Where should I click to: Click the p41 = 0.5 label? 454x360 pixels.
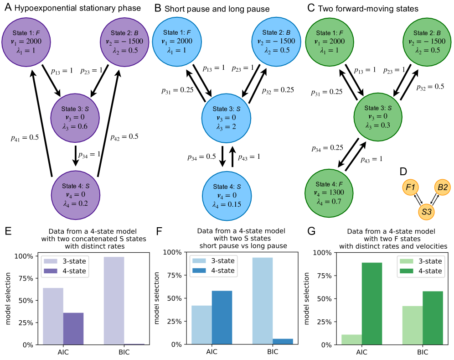pyautogui.click(x=24, y=136)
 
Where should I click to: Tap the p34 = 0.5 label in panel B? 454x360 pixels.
pyautogui.click(x=201, y=157)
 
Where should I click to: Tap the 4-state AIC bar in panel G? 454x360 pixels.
pyautogui.click(x=372, y=303)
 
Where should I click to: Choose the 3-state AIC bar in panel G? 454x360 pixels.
pyautogui.click(x=352, y=339)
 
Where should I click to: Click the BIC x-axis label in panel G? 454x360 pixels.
pyautogui.click(x=423, y=352)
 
